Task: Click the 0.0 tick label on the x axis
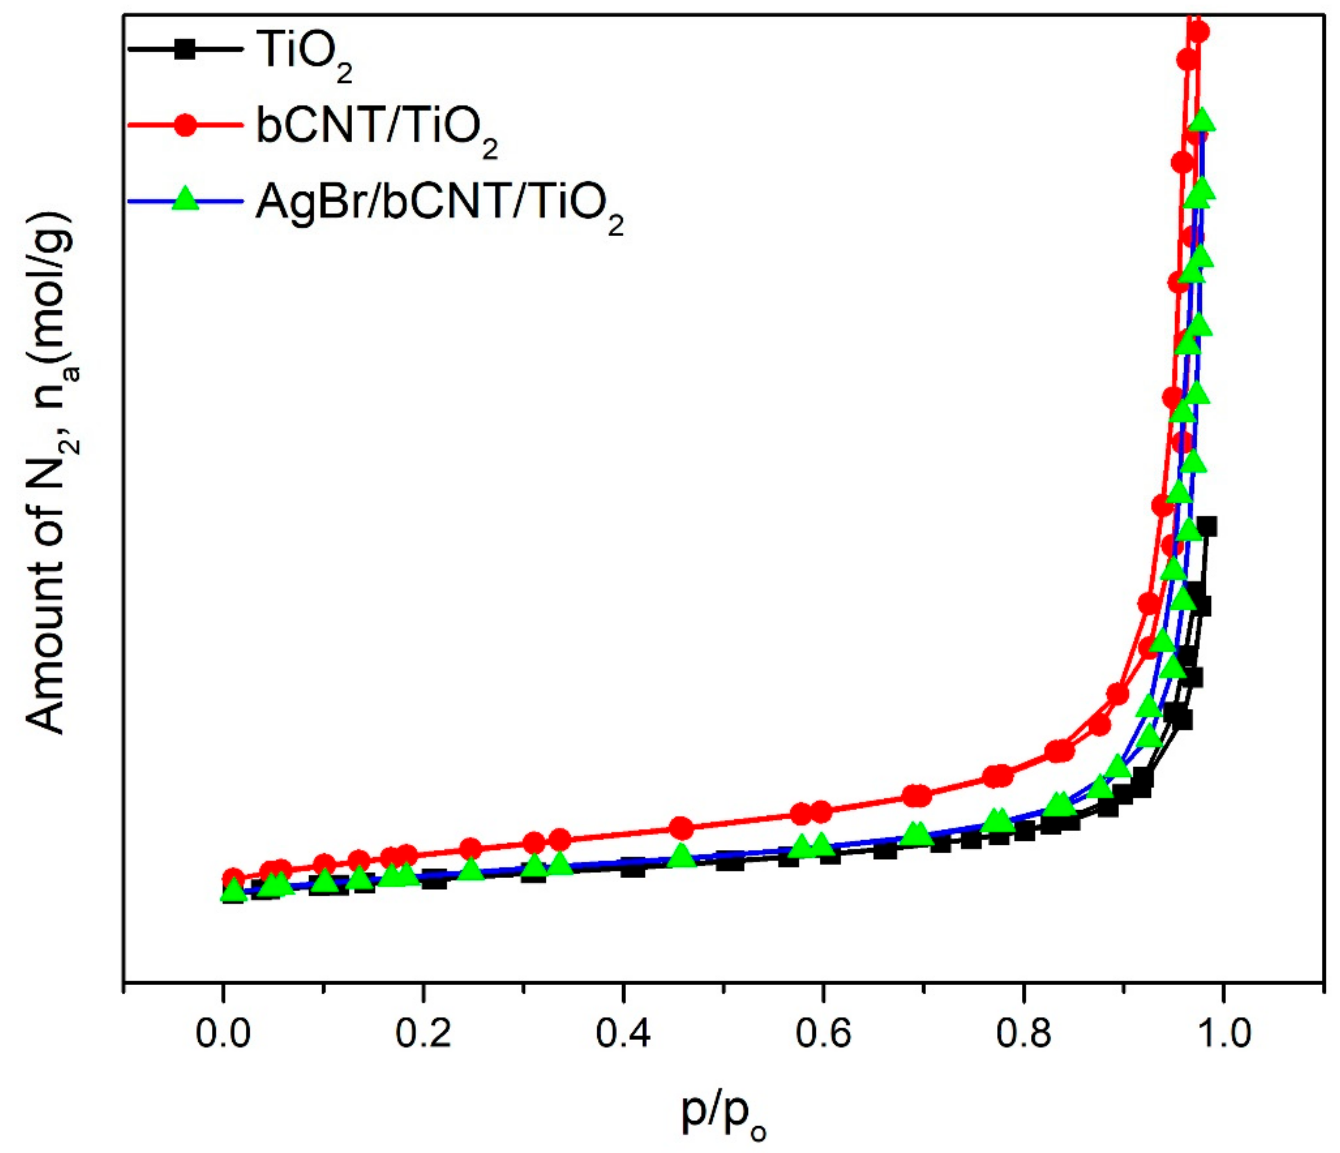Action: (223, 1033)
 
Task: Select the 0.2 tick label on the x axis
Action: (423, 1033)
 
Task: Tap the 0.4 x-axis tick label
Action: (623, 1033)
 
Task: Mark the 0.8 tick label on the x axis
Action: (1023, 1033)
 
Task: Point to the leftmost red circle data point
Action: (234, 878)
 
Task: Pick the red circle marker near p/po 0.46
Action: (681, 827)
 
